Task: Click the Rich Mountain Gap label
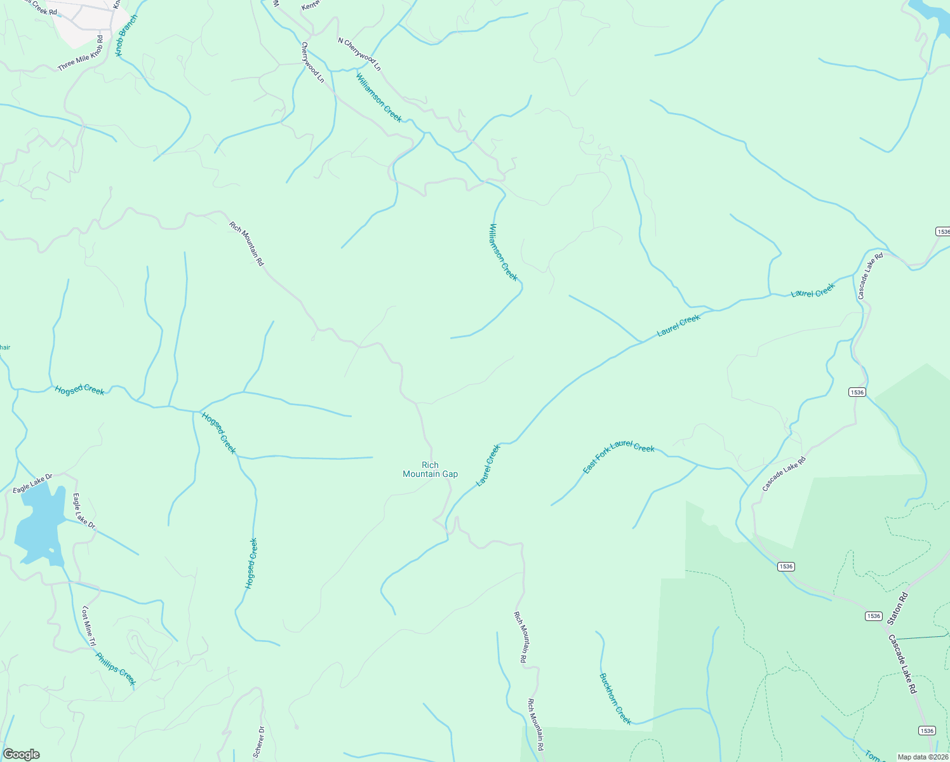click(430, 470)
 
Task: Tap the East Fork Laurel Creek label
click(619, 456)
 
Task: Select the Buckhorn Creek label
click(615, 698)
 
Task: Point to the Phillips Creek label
click(116, 669)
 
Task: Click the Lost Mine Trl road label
click(88, 626)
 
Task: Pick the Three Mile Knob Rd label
click(80, 54)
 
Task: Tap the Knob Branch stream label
click(126, 35)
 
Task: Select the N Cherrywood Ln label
click(359, 54)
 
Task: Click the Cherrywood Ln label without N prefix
click(312, 62)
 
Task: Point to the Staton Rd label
click(899, 608)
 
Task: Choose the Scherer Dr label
click(259, 741)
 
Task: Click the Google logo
click(21, 754)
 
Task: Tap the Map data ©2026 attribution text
click(922, 757)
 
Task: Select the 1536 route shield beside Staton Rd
click(873, 616)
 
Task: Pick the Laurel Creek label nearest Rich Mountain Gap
click(488, 465)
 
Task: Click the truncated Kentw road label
click(312, 5)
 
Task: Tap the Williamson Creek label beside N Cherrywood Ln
click(378, 97)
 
